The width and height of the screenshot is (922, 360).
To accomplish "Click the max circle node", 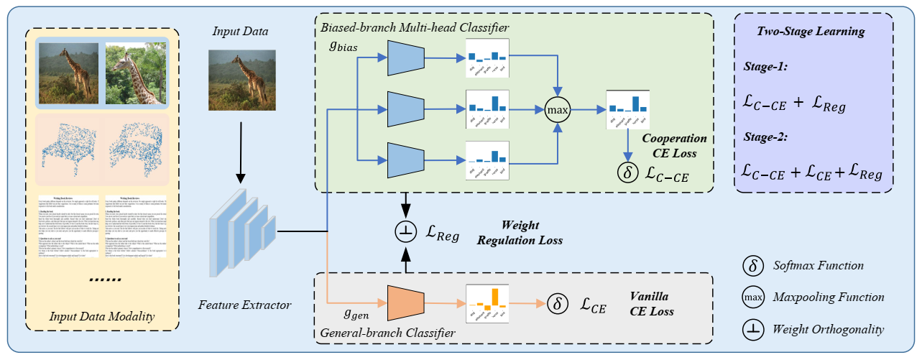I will [x=555, y=111].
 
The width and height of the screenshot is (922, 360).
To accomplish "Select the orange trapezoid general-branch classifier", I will [x=407, y=304].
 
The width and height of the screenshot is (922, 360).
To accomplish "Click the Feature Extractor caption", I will [x=244, y=305].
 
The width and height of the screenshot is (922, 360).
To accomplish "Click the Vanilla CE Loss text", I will [x=655, y=303].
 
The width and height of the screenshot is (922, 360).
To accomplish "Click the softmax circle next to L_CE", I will [x=556, y=304].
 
